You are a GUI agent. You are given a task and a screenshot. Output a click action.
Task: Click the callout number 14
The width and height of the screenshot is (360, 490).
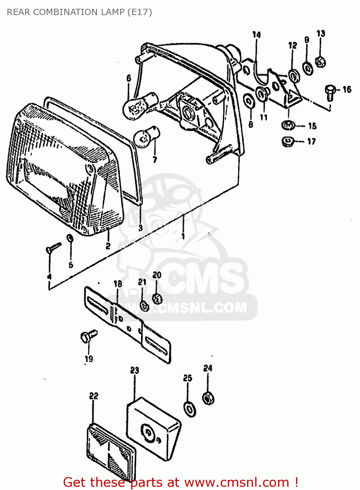(257, 35)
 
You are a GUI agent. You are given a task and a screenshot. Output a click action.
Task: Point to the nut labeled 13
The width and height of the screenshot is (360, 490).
(320, 61)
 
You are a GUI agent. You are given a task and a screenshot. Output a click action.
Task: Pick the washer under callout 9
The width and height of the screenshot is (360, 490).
(307, 68)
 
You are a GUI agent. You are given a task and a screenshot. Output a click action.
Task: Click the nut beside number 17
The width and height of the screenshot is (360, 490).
(288, 141)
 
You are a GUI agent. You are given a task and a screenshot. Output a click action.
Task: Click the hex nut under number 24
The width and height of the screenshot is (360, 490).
(208, 398)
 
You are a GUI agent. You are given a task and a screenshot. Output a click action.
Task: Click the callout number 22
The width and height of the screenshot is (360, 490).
(94, 396)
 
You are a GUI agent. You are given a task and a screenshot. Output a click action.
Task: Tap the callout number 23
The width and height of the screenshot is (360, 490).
(134, 370)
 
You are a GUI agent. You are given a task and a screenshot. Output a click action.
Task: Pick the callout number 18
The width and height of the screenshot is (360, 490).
(118, 284)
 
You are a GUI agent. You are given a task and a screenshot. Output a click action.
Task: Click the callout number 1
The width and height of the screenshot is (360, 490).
(183, 236)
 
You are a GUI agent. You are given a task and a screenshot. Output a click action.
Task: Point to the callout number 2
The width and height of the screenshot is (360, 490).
(108, 246)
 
